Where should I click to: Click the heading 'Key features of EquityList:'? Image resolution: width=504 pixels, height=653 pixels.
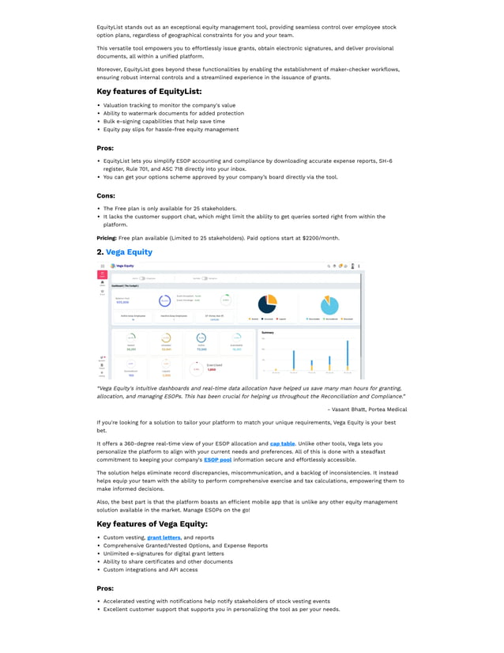tap(149, 92)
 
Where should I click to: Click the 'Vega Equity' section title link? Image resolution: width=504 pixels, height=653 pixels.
tap(129, 252)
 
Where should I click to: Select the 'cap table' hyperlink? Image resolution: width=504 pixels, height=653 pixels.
tap(282, 444)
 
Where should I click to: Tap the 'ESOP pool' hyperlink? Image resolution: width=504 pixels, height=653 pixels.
tap(217, 459)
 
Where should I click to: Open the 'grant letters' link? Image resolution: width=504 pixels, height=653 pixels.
tap(164, 538)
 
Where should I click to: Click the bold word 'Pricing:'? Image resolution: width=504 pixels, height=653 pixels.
tap(107, 237)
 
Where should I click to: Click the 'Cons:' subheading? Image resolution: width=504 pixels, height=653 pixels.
tap(106, 195)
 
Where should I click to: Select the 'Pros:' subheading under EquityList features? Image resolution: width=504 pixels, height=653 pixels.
tap(105, 148)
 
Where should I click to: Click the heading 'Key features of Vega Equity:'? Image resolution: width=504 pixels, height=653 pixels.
tap(152, 524)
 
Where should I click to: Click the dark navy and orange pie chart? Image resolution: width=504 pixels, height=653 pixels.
tap(267, 304)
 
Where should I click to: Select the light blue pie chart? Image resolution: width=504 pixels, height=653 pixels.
tap(329, 304)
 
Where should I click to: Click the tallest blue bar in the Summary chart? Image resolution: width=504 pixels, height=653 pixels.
tap(347, 355)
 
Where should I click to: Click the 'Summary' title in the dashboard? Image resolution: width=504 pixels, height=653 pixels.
tap(269, 333)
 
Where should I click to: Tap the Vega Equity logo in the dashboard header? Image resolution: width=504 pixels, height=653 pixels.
tap(122, 266)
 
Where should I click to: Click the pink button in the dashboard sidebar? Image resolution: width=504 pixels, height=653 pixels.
tap(102, 274)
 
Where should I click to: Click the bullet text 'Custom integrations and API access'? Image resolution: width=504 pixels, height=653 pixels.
tap(150, 569)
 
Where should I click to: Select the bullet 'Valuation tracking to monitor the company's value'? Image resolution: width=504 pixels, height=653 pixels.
tap(169, 105)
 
